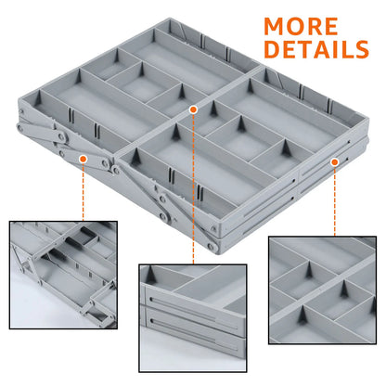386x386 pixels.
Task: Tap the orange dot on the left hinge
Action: click(x=83, y=159)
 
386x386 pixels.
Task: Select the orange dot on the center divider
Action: click(x=193, y=109)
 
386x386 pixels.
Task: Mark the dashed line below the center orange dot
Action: click(x=193, y=186)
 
